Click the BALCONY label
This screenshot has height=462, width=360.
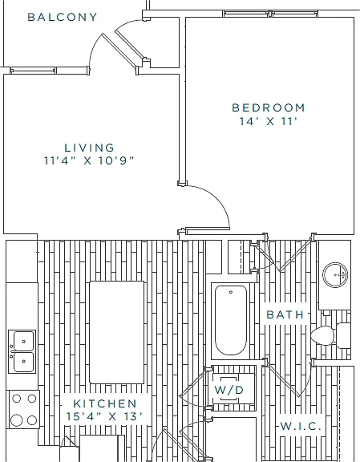(x=63, y=17)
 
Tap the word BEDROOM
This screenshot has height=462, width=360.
(x=269, y=107)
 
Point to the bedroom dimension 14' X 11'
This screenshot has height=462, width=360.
(x=267, y=121)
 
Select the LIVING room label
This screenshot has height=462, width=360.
(x=89, y=148)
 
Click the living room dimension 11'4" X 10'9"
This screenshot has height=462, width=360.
(x=89, y=160)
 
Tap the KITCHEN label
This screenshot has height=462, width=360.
(x=105, y=403)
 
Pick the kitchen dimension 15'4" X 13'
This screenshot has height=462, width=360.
(x=104, y=416)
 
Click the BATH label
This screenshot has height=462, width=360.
(x=285, y=314)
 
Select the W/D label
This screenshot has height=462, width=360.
(x=229, y=390)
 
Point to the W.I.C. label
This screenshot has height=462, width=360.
(x=300, y=426)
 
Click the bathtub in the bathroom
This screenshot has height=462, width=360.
(x=231, y=321)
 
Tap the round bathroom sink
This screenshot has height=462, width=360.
(x=335, y=275)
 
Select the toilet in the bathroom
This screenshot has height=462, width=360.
(x=331, y=335)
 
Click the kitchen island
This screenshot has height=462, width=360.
(x=117, y=332)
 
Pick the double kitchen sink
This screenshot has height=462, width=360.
(x=22, y=351)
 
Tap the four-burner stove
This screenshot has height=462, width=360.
(x=23, y=409)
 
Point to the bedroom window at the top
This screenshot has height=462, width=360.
(x=270, y=14)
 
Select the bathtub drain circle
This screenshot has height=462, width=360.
(x=231, y=292)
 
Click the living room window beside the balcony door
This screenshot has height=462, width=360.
(x=33, y=71)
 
